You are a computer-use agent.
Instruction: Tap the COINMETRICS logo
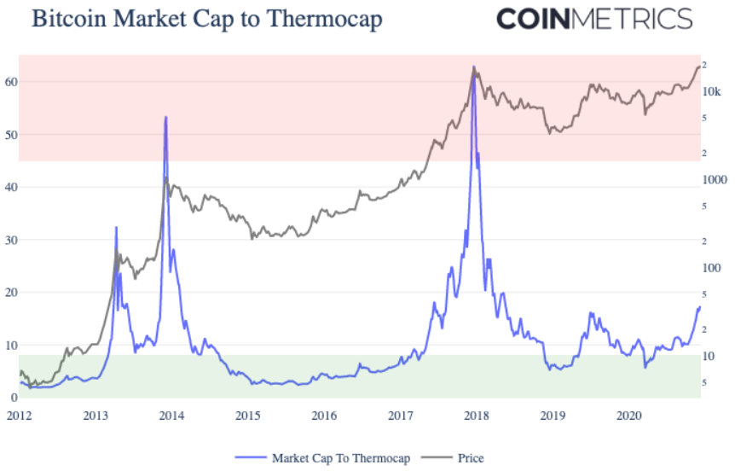(x=594, y=19)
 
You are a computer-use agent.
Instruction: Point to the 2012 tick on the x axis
(x=20, y=416)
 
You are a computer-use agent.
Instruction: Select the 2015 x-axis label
(x=248, y=416)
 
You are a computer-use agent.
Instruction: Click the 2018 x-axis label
(x=477, y=416)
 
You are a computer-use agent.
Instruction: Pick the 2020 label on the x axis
(x=629, y=416)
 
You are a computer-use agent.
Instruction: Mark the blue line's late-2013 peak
(x=165, y=117)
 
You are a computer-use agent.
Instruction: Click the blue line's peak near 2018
(x=474, y=68)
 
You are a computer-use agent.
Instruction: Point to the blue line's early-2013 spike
(x=116, y=228)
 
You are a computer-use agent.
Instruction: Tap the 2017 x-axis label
(x=401, y=416)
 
